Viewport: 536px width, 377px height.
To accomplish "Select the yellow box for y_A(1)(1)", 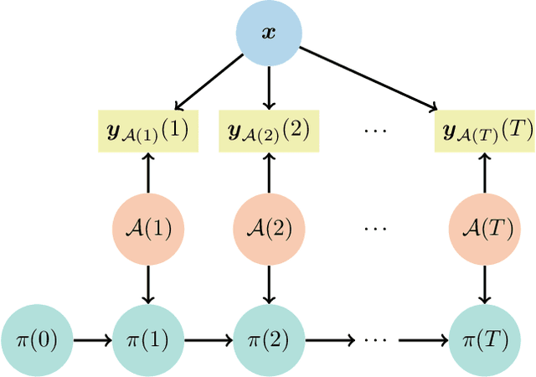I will tap(148, 132).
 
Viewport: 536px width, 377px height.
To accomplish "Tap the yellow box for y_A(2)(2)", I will tap(268, 132).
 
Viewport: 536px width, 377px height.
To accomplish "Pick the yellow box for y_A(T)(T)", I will tap(484, 132).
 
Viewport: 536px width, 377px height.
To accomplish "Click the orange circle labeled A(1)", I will tap(148, 229).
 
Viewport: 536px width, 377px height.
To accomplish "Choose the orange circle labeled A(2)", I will tap(268, 229).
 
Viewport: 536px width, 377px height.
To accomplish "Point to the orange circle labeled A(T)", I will tap(484, 229).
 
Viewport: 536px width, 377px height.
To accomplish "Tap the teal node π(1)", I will tap(148, 340).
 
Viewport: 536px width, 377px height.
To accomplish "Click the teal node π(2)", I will tap(268, 340).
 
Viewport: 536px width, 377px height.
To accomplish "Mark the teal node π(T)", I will tap(484, 340).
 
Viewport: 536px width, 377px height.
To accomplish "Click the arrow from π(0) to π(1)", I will tap(92, 340).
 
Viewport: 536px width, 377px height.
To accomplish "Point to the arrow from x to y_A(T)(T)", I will tap(368, 79).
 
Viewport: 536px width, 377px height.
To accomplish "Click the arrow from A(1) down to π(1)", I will tap(148, 283).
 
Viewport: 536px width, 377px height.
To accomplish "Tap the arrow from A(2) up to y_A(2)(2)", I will tap(268, 174).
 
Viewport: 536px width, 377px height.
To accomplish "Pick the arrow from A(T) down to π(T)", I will tap(484, 283).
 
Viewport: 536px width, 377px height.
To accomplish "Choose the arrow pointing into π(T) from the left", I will tap(423, 340).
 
